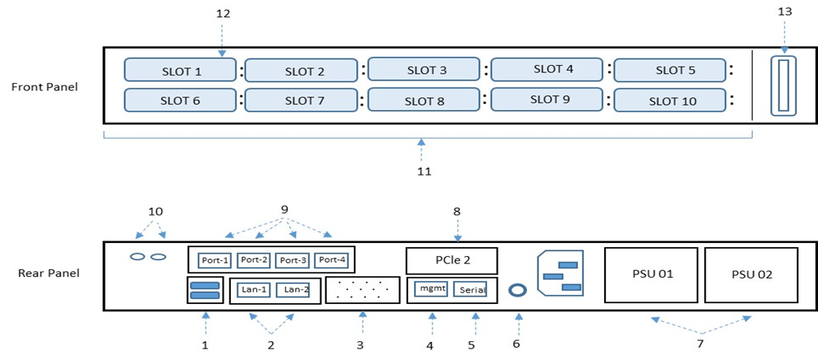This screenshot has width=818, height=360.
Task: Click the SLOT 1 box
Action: click(180, 71)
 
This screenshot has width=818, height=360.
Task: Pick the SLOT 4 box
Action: click(547, 70)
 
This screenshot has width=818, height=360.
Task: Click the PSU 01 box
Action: click(651, 274)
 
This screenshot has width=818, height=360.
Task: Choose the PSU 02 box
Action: click(751, 274)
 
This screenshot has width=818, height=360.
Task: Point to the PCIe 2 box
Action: click(451, 261)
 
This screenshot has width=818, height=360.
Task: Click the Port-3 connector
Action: click(291, 260)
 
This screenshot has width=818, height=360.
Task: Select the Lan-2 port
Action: click(292, 289)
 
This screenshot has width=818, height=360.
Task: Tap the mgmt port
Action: click(431, 288)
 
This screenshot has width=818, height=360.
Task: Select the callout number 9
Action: click(284, 209)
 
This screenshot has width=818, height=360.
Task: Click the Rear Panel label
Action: click(48, 273)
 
